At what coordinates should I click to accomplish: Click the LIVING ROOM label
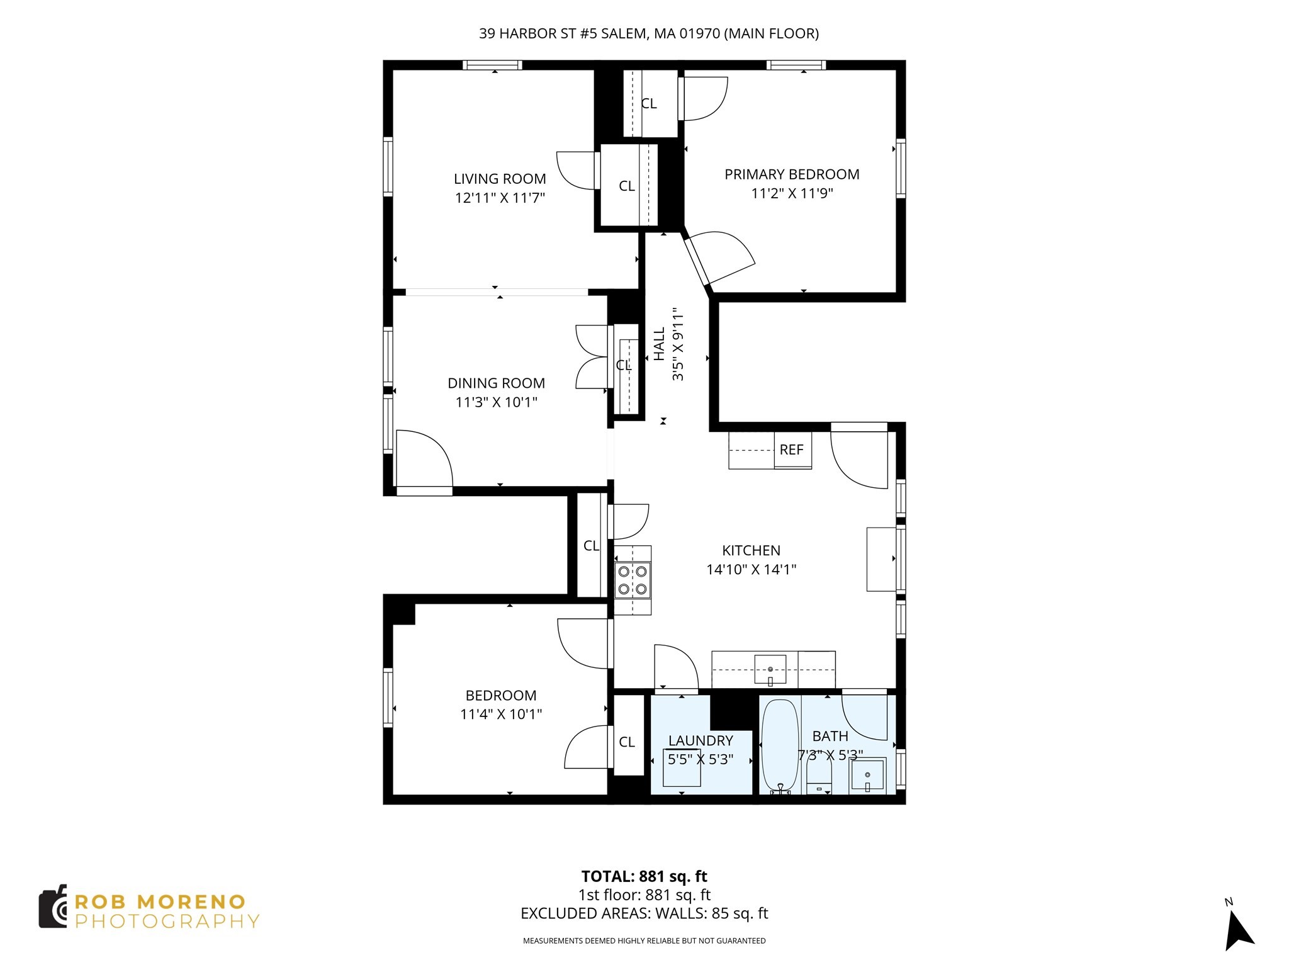(500, 179)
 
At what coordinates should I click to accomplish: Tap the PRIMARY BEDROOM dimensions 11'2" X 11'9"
(792, 193)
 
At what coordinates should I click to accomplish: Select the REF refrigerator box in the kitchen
(792, 450)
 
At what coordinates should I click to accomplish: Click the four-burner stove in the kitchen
(633, 580)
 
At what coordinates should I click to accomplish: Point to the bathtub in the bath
(780, 747)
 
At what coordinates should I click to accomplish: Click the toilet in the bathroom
(819, 781)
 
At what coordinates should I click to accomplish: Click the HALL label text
(659, 344)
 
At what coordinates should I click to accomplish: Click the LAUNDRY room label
(701, 740)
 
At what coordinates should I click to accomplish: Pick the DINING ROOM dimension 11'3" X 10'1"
(496, 402)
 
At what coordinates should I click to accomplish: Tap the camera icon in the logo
(53, 907)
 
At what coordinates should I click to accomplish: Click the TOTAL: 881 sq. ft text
(644, 876)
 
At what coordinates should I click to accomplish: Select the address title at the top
(648, 34)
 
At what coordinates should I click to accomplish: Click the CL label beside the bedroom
(626, 742)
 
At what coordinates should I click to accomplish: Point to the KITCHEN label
(751, 550)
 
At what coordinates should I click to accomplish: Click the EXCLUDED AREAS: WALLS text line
(644, 913)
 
